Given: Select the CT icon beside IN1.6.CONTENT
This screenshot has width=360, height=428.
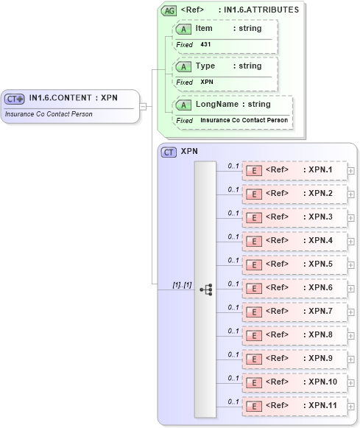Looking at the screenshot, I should tap(15, 99).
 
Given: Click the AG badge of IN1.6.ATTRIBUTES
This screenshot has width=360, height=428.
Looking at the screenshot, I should tap(169, 10).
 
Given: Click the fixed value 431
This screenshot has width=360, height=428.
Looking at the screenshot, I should tap(206, 45).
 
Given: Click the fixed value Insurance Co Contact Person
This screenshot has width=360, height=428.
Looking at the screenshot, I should tap(244, 119).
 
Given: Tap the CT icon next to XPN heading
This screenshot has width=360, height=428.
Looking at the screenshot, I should tap(169, 152).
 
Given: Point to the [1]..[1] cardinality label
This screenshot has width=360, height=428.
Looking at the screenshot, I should tap(181, 284).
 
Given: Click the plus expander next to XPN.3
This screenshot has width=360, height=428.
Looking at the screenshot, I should tap(351, 218).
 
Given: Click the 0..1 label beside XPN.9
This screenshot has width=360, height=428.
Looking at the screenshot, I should tap(233, 354).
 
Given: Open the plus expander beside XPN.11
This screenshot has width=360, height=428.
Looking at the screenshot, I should tap(351, 407).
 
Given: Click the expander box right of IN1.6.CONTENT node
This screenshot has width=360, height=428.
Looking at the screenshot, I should tap(144, 106).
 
